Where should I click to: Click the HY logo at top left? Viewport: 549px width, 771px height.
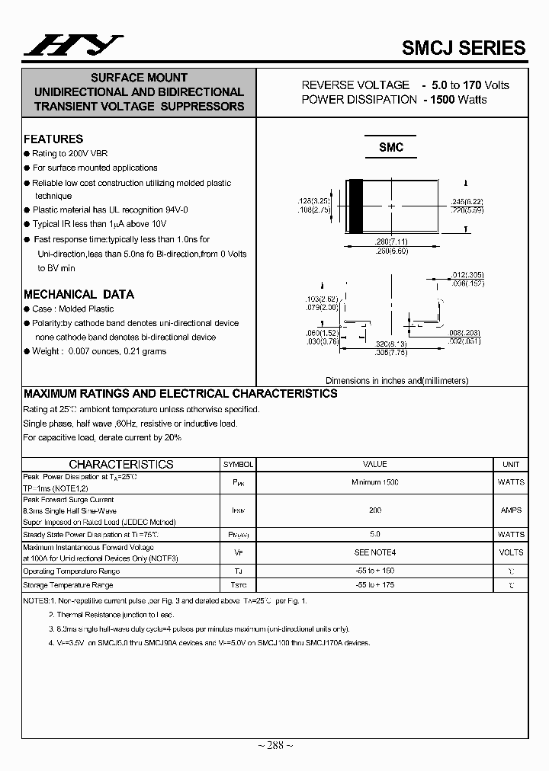(72, 46)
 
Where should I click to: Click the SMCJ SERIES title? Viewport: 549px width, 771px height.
(464, 47)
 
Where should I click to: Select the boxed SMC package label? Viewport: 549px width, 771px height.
(391, 148)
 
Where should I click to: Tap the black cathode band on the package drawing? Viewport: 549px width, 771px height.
(355, 206)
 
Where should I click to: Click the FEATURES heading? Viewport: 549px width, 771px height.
(53, 139)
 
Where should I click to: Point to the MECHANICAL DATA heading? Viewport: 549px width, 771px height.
(79, 294)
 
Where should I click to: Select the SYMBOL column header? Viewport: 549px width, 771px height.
(238, 464)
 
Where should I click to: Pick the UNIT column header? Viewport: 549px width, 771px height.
(511, 464)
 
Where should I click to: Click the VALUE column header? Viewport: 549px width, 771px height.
(374, 464)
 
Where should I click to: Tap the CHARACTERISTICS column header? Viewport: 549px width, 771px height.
(121, 464)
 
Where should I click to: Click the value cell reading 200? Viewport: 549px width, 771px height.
(374, 510)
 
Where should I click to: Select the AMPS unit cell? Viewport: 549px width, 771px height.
(511, 510)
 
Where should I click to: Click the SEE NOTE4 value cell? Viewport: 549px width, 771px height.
(374, 552)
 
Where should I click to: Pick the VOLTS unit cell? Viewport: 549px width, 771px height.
(511, 552)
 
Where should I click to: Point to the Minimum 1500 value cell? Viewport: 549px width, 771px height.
(374, 482)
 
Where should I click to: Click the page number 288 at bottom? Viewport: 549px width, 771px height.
(274, 745)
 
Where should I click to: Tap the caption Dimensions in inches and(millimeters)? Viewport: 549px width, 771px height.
(396, 380)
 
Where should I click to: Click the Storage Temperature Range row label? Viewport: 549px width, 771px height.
(69, 585)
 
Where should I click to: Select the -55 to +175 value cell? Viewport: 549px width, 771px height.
(374, 585)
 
